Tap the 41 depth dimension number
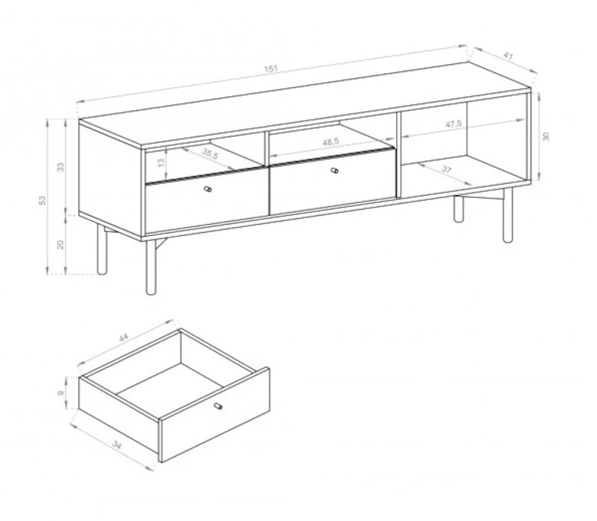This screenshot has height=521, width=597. tap(509, 55)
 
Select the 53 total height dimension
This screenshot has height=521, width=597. tap(43, 199)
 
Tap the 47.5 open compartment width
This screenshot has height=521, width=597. tap(454, 125)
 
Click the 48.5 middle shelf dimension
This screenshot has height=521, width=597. tap(331, 140)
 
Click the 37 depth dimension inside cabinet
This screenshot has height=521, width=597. tap(446, 170)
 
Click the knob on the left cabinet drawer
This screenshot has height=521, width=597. tap(209, 190)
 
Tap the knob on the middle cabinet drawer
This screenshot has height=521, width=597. tap(334, 172)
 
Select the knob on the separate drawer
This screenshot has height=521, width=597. tap(218, 406)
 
